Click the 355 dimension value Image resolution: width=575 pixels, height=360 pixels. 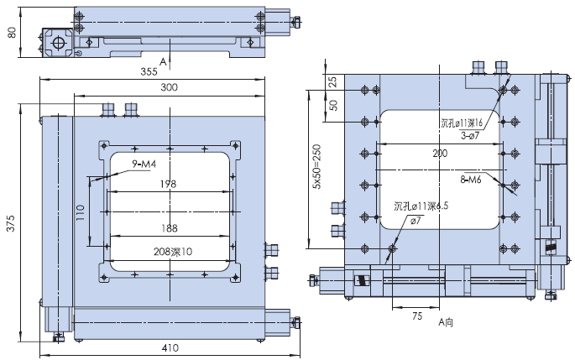pyautogui.click(x=149, y=72)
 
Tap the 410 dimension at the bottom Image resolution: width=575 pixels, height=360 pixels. pyautogui.click(x=169, y=348)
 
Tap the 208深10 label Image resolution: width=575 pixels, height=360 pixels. pyautogui.click(x=173, y=251)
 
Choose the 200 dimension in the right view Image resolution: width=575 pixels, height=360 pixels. pyautogui.click(x=440, y=154)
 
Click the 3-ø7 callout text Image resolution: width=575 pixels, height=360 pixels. pyautogui.click(x=471, y=133)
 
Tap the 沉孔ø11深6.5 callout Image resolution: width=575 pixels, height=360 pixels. pyautogui.click(x=420, y=206)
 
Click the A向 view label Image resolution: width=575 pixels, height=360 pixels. pyautogui.click(x=446, y=321)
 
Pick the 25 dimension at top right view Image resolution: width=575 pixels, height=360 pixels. pyautogui.click(x=333, y=81)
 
